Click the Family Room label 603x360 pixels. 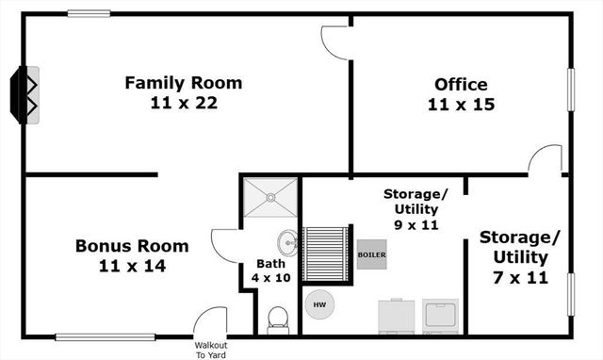pos(183,83)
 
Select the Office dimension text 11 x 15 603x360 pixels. pos(461,105)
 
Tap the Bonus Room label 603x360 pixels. pos(132,246)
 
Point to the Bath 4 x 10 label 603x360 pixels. pos(270,270)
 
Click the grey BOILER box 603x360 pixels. pos(371,254)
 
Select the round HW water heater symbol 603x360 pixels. pos(318,304)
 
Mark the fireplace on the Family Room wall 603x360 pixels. pos(24,94)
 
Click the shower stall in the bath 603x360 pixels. pos(270,197)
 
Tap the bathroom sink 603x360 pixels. pos(288,243)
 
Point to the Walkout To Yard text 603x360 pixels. pos(210,349)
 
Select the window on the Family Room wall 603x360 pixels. pos(89,13)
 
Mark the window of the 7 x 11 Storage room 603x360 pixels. pos(569,294)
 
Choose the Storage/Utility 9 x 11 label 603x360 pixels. pos(416,210)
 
